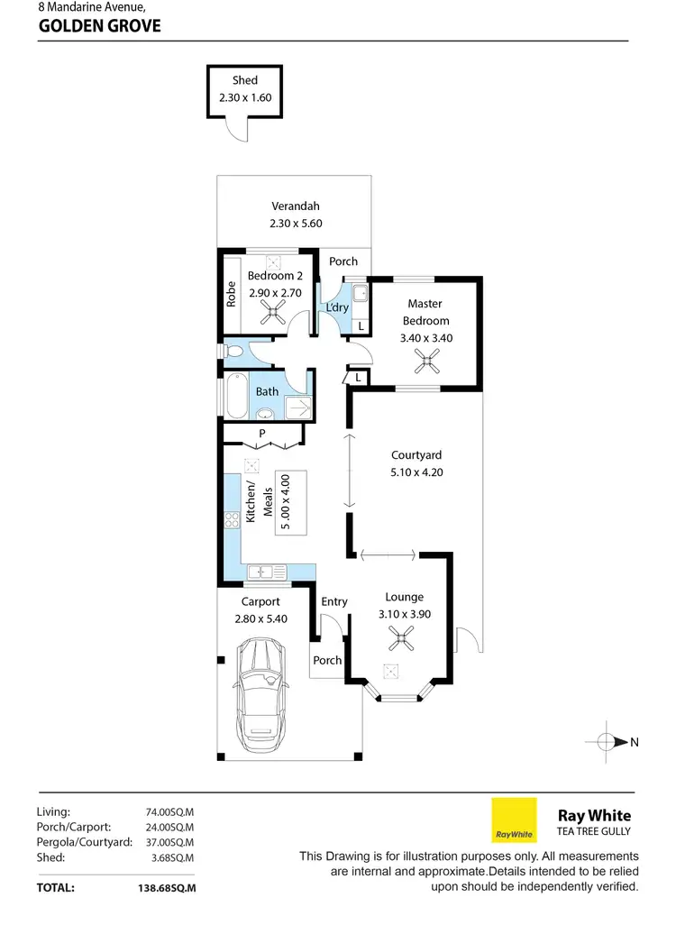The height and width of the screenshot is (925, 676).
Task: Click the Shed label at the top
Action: (244, 80)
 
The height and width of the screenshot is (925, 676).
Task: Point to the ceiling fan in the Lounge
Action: (397, 641)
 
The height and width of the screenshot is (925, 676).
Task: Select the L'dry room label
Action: (336, 307)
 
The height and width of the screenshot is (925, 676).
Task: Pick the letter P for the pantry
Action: (261, 434)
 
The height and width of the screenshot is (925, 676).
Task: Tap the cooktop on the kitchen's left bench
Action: (231, 518)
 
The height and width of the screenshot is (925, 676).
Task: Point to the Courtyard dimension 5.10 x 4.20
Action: (416, 472)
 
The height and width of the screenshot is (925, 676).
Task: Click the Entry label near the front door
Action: (333, 601)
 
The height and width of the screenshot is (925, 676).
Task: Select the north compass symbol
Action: (610, 742)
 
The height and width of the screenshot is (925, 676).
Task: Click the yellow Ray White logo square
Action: (514, 820)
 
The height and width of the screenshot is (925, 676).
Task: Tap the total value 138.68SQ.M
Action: (161, 887)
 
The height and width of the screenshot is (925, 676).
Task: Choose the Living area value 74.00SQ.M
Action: (170, 811)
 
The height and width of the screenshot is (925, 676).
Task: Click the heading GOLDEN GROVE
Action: (99, 26)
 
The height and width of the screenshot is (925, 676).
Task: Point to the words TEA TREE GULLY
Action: (595, 831)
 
